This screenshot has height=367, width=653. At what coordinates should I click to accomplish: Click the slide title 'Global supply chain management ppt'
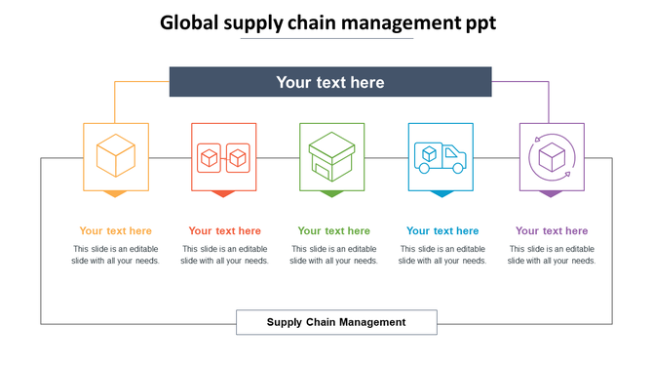click(328, 22)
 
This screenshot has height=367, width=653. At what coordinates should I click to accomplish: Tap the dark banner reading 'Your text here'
click(330, 82)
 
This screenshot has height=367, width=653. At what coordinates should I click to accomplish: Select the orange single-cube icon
click(116, 155)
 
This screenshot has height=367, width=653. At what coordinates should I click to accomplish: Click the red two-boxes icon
click(224, 156)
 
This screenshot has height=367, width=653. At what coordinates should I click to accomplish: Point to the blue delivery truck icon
click(441, 156)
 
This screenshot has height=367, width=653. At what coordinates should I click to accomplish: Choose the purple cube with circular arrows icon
click(552, 156)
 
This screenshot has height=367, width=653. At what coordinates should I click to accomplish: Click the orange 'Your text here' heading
click(116, 231)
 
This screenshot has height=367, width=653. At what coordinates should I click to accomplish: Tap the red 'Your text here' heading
click(225, 231)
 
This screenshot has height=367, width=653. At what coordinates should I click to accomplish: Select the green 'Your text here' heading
click(334, 231)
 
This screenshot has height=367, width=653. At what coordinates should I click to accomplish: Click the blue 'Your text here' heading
click(442, 231)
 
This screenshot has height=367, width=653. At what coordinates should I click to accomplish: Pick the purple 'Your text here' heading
click(552, 231)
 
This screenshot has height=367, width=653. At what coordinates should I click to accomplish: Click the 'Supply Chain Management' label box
click(336, 322)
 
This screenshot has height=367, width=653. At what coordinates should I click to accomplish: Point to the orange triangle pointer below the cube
click(116, 193)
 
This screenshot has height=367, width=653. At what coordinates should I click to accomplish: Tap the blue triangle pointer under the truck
click(441, 193)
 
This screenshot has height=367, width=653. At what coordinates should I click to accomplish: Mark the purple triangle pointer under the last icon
click(552, 193)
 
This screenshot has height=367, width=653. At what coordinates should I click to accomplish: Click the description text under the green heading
click(334, 255)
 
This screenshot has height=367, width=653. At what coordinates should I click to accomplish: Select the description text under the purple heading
click(552, 255)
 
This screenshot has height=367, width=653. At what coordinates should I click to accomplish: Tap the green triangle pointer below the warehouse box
click(332, 193)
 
